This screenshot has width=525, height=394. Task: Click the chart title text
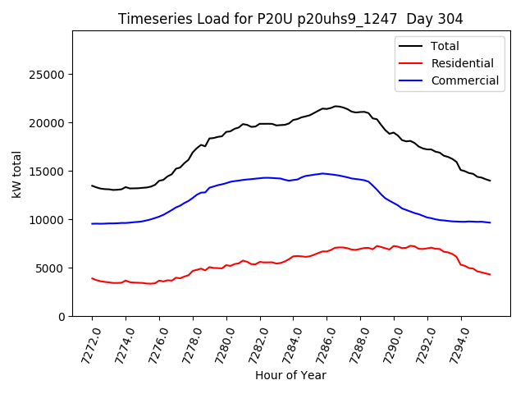pyautogui.click(x=290, y=19)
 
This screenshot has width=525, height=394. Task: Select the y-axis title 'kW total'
pyautogui.click(x=17, y=173)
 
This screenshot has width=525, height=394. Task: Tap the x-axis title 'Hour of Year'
pyautogui.click(x=290, y=375)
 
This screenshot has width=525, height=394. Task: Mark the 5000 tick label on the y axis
pyautogui.click(x=52, y=268)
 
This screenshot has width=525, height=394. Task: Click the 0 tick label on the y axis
pyautogui.click(x=62, y=317)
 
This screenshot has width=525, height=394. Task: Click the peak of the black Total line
pyautogui.click(x=336, y=106)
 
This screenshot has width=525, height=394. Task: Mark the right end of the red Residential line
pyautogui.click(x=490, y=274)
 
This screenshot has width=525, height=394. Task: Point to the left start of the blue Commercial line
pyautogui.click(x=92, y=223)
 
